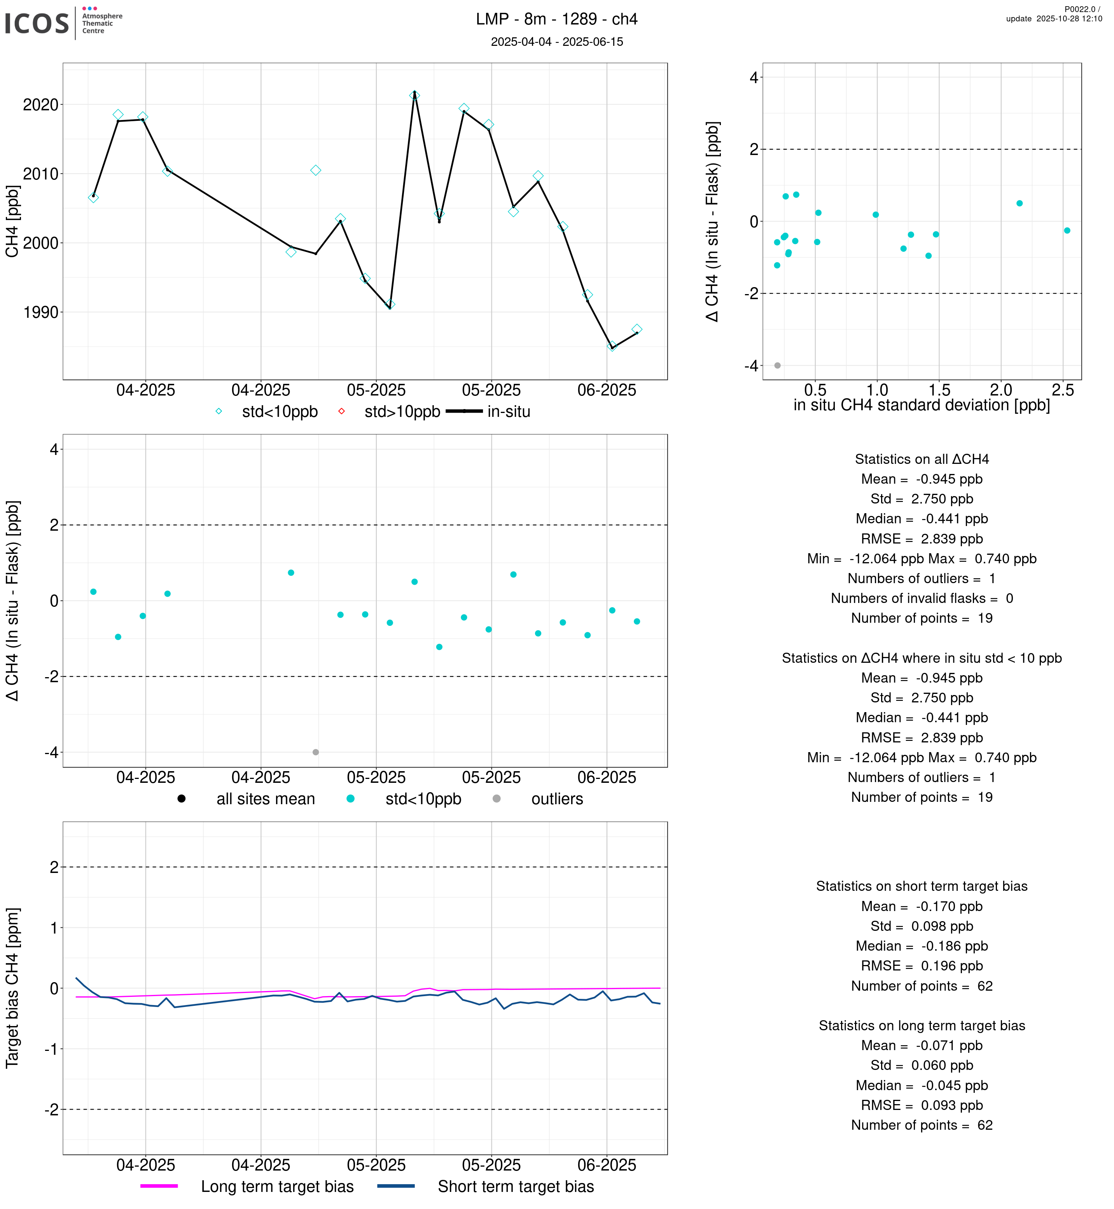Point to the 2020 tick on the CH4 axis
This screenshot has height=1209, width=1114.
40,105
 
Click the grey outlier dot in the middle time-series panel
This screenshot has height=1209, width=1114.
315,753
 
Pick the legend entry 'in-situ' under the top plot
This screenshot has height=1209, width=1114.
508,412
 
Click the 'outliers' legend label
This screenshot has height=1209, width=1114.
556,800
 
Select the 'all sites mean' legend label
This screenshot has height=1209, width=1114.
265,800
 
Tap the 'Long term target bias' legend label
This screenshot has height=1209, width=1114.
277,1187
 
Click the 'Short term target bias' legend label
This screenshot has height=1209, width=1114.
516,1187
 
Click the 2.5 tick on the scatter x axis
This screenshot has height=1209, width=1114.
1062,390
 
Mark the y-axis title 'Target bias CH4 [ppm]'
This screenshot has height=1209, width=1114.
12,988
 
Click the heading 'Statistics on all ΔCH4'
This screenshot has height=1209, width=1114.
921,459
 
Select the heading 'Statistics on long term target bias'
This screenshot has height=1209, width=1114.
921,1026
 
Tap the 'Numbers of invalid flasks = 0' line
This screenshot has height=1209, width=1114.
921,598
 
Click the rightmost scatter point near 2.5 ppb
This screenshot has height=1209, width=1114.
1067,231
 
